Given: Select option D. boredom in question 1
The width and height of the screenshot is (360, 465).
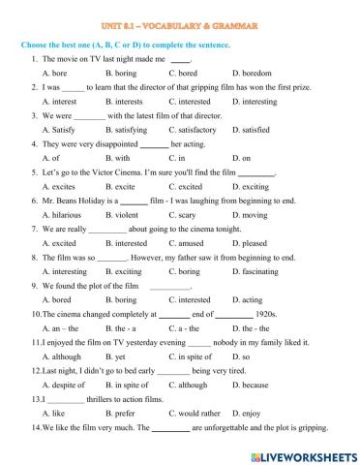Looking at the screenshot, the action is click(x=255, y=73).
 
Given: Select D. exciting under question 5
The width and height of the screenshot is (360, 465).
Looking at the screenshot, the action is click(x=252, y=185).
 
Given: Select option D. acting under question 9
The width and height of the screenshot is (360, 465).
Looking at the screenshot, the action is click(x=247, y=300).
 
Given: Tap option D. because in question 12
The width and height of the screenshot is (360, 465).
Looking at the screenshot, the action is click(x=251, y=385).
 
